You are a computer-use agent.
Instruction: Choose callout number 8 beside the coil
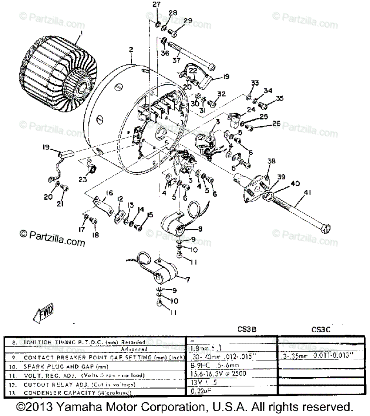(200, 229)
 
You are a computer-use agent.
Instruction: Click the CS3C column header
(320, 329)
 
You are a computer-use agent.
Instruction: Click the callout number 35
(279, 98)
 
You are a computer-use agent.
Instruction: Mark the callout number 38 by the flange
(272, 161)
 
